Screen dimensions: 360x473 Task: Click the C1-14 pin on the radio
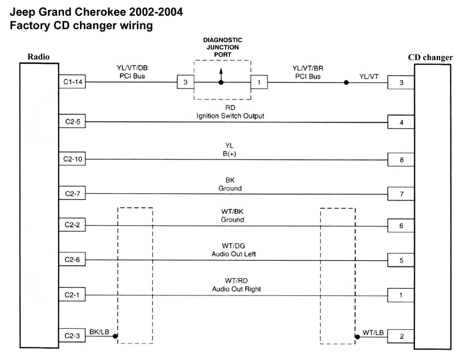71,83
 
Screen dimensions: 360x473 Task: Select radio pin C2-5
71,121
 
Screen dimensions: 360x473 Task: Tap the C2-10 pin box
71,160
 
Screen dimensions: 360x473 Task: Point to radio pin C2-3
71,336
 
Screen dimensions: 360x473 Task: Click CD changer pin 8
401,160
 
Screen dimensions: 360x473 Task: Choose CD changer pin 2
401,336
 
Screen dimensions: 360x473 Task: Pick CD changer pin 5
401,260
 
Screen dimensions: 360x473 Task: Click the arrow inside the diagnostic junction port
221,74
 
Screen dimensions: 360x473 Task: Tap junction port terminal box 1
258,83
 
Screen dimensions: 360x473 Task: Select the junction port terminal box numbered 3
185,83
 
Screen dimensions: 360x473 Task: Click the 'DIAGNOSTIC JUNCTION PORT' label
222,47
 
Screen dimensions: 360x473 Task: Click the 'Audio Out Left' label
233,254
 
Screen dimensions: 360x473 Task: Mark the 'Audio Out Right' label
234,289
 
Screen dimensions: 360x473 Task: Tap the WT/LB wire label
373,332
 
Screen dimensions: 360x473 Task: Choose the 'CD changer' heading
430,57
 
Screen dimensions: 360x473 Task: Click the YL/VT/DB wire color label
132,68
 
